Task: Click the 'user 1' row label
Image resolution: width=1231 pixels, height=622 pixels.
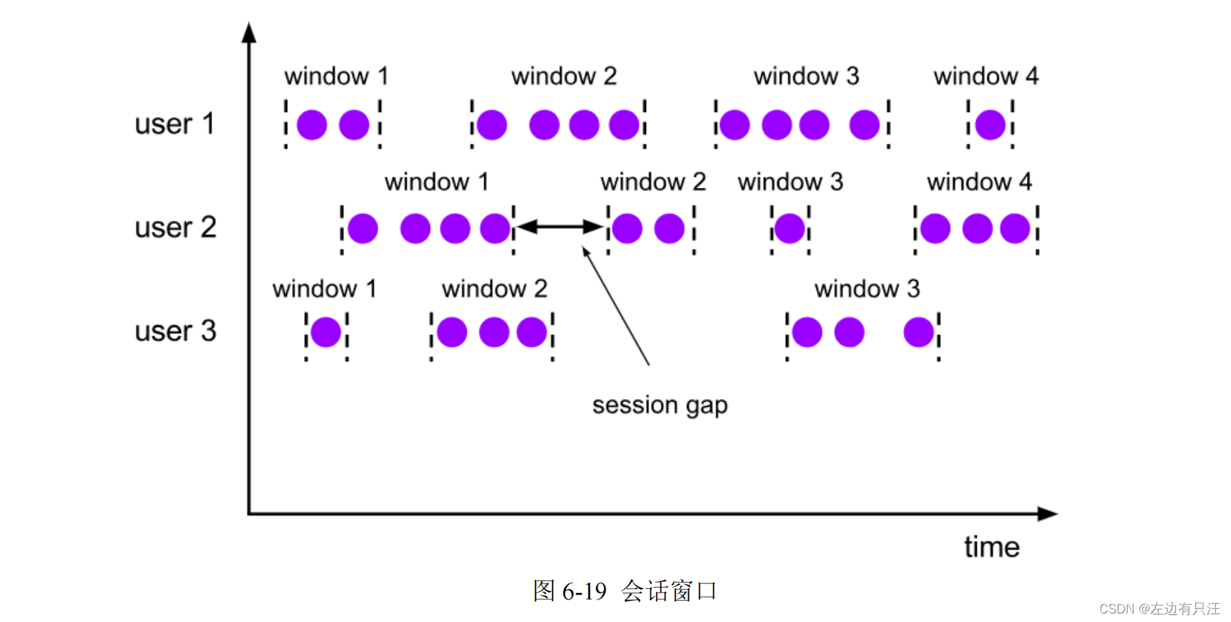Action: point(174,124)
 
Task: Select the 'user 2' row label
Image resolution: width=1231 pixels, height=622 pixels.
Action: point(175,227)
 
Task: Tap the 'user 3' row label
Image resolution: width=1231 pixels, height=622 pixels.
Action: point(175,331)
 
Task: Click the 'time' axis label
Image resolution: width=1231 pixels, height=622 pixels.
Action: point(991,547)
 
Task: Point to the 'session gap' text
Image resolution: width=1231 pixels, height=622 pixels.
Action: point(659,405)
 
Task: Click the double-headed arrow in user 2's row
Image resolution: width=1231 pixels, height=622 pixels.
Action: point(560,227)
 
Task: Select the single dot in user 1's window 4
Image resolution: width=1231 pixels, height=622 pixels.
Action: point(990,125)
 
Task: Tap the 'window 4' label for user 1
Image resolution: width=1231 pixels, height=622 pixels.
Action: point(985,76)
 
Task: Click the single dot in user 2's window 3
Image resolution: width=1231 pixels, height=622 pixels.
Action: point(790,229)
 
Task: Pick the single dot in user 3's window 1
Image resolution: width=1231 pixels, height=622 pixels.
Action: point(326,332)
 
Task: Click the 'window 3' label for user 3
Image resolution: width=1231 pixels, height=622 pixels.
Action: point(866,288)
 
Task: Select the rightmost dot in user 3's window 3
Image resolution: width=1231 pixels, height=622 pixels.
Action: point(918,332)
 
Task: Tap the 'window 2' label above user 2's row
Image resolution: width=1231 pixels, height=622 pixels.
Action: point(652,182)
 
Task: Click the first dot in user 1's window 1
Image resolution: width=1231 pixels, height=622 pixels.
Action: point(312,125)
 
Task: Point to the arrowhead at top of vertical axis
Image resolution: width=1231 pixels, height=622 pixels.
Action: point(248,32)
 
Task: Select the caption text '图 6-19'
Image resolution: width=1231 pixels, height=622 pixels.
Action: point(569,591)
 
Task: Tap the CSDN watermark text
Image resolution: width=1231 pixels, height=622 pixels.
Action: point(1159,609)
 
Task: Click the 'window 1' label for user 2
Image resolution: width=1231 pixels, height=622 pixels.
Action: point(436,182)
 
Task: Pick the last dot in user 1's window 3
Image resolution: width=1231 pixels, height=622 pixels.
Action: point(864,125)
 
